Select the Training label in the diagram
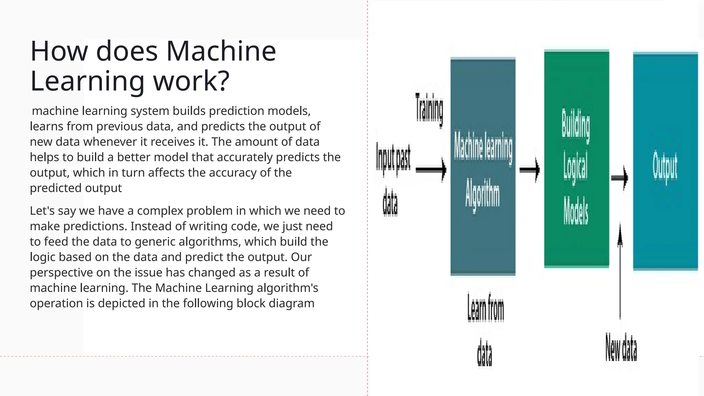[429, 108]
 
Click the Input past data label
[393, 179]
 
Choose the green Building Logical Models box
[576, 158]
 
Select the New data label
[621, 348]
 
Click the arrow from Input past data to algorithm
[431, 169]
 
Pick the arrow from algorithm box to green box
[529, 169]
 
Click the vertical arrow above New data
[620, 272]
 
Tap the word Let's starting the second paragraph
[42, 210]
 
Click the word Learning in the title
[87, 80]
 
